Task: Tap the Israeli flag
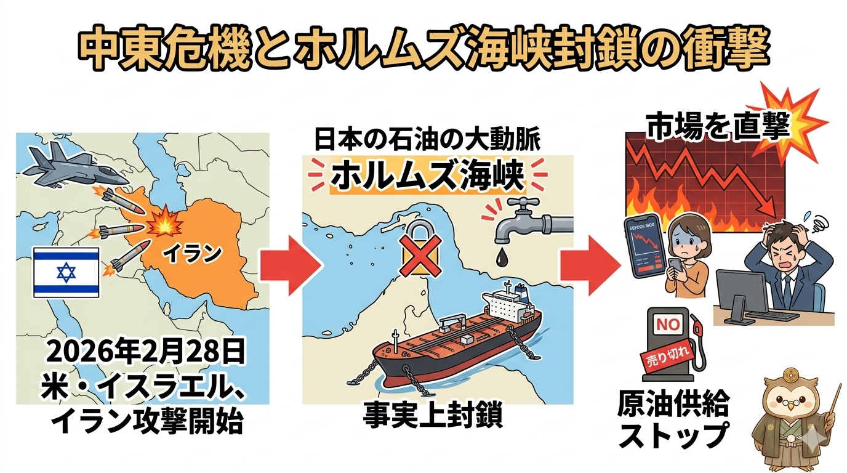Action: (66, 271)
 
